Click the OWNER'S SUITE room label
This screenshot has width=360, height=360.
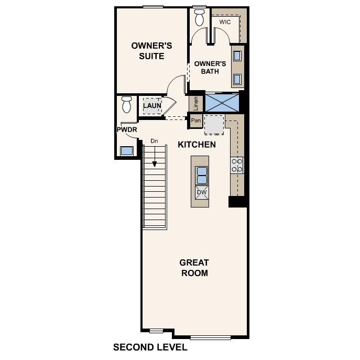(147, 51)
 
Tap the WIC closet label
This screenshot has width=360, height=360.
(225, 22)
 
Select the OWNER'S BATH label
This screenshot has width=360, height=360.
(210, 68)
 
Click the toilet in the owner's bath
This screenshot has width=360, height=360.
(199, 17)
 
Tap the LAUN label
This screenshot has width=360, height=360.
(152, 106)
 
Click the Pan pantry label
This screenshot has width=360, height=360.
(196, 121)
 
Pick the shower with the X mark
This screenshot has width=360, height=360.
(222, 102)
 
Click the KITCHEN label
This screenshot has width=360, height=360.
(197, 144)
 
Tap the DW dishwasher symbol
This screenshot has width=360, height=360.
(202, 192)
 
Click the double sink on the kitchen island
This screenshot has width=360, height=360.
(202, 174)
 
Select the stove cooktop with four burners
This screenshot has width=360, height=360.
(237, 166)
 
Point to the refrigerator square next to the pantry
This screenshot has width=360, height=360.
(213, 125)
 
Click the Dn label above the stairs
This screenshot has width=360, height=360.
(154, 141)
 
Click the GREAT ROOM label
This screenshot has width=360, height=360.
(194, 268)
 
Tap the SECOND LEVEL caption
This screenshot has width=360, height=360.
(150, 347)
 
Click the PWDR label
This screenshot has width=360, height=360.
(126, 129)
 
